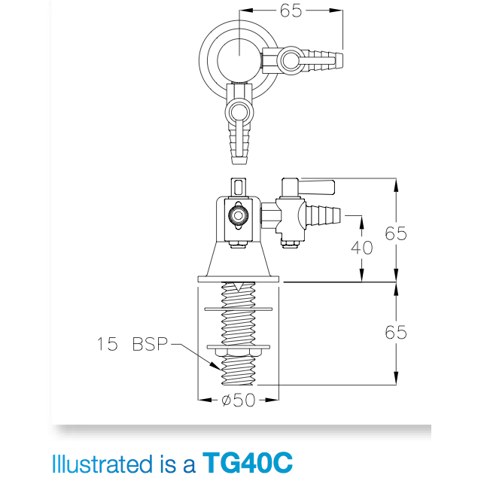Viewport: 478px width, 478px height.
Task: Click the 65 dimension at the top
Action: (x=291, y=11)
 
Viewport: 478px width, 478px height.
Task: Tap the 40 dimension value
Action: (x=362, y=247)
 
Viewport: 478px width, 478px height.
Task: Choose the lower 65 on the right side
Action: (x=396, y=332)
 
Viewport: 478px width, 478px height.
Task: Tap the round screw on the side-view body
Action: (x=238, y=216)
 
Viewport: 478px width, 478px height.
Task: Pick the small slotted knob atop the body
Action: (x=238, y=186)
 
